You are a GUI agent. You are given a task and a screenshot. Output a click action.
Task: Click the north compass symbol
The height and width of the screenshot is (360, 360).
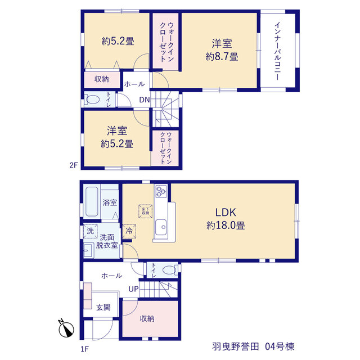click(x=66, y=329)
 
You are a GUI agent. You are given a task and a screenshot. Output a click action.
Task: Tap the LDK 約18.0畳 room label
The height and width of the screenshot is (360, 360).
click(x=226, y=219)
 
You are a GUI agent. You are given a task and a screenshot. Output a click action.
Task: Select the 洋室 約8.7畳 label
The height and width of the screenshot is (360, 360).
click(x=222, y=50)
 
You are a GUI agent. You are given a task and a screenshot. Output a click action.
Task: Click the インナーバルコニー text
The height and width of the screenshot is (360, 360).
click(x=277, y=51)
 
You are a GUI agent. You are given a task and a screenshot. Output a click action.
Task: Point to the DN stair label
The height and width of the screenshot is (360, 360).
click(x=145, y=100)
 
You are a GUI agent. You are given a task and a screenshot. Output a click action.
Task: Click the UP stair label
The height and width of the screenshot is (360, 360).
click(x=134, y=289)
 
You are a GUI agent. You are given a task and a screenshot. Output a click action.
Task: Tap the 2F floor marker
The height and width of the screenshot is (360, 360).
click(x=74, y=165)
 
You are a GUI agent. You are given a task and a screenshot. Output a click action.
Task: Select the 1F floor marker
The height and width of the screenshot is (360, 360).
click(x=84, y=349)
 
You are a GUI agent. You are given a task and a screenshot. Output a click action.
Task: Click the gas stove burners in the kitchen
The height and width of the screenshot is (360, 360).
click(x=161, y=191)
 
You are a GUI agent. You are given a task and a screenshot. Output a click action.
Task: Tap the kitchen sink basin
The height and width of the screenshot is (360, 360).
click(x=161, y=227)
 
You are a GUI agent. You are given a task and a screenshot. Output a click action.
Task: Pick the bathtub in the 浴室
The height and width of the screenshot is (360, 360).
click(x=92, y=202)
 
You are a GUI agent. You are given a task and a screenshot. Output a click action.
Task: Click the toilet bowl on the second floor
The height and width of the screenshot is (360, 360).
click(x=92, y=100)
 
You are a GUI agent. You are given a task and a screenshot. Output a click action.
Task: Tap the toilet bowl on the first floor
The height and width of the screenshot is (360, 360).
click(x=170, y=269)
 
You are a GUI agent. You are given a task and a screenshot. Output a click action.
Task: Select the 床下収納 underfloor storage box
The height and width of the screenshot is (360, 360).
click(x=145, y=211)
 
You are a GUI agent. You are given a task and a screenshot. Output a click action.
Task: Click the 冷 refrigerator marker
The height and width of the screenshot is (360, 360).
click(x=129, y=231)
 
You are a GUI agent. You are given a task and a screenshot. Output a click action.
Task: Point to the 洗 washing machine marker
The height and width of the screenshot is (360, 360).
click(x=90, y=231)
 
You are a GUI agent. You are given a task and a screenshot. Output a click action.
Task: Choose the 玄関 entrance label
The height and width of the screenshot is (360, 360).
click(x=103, y=307)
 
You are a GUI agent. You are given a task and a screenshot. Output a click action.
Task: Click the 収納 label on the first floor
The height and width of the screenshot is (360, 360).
click(x=147, y=318)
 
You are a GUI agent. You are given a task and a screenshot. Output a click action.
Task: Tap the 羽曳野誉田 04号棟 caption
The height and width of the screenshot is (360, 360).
click(x=253, y=346)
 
